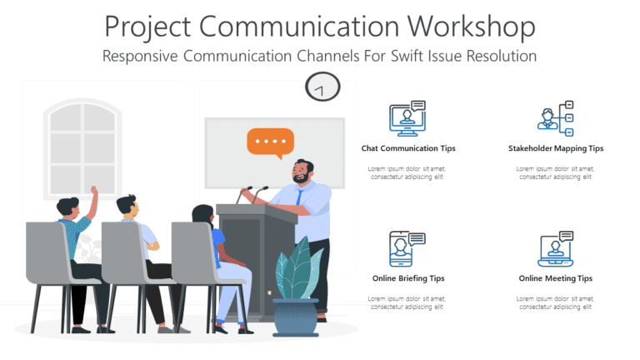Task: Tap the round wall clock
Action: (x=322, y=87)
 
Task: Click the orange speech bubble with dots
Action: (x=270, y=142)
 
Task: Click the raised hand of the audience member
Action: (x=93, y=192)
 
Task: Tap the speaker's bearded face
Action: (x=302, y=173)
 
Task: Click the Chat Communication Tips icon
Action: (x=407, y=118)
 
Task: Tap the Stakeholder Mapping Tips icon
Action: (x=556, y=118)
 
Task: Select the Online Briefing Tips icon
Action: (x=407, y=248)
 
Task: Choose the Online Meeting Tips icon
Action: (x=556, y=248)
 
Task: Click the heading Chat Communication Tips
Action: (x=408, y=148)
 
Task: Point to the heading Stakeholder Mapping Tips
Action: (x=556, y=148)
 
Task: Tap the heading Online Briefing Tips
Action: (x=408, y=278)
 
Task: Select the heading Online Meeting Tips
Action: (x=556, y=278)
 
